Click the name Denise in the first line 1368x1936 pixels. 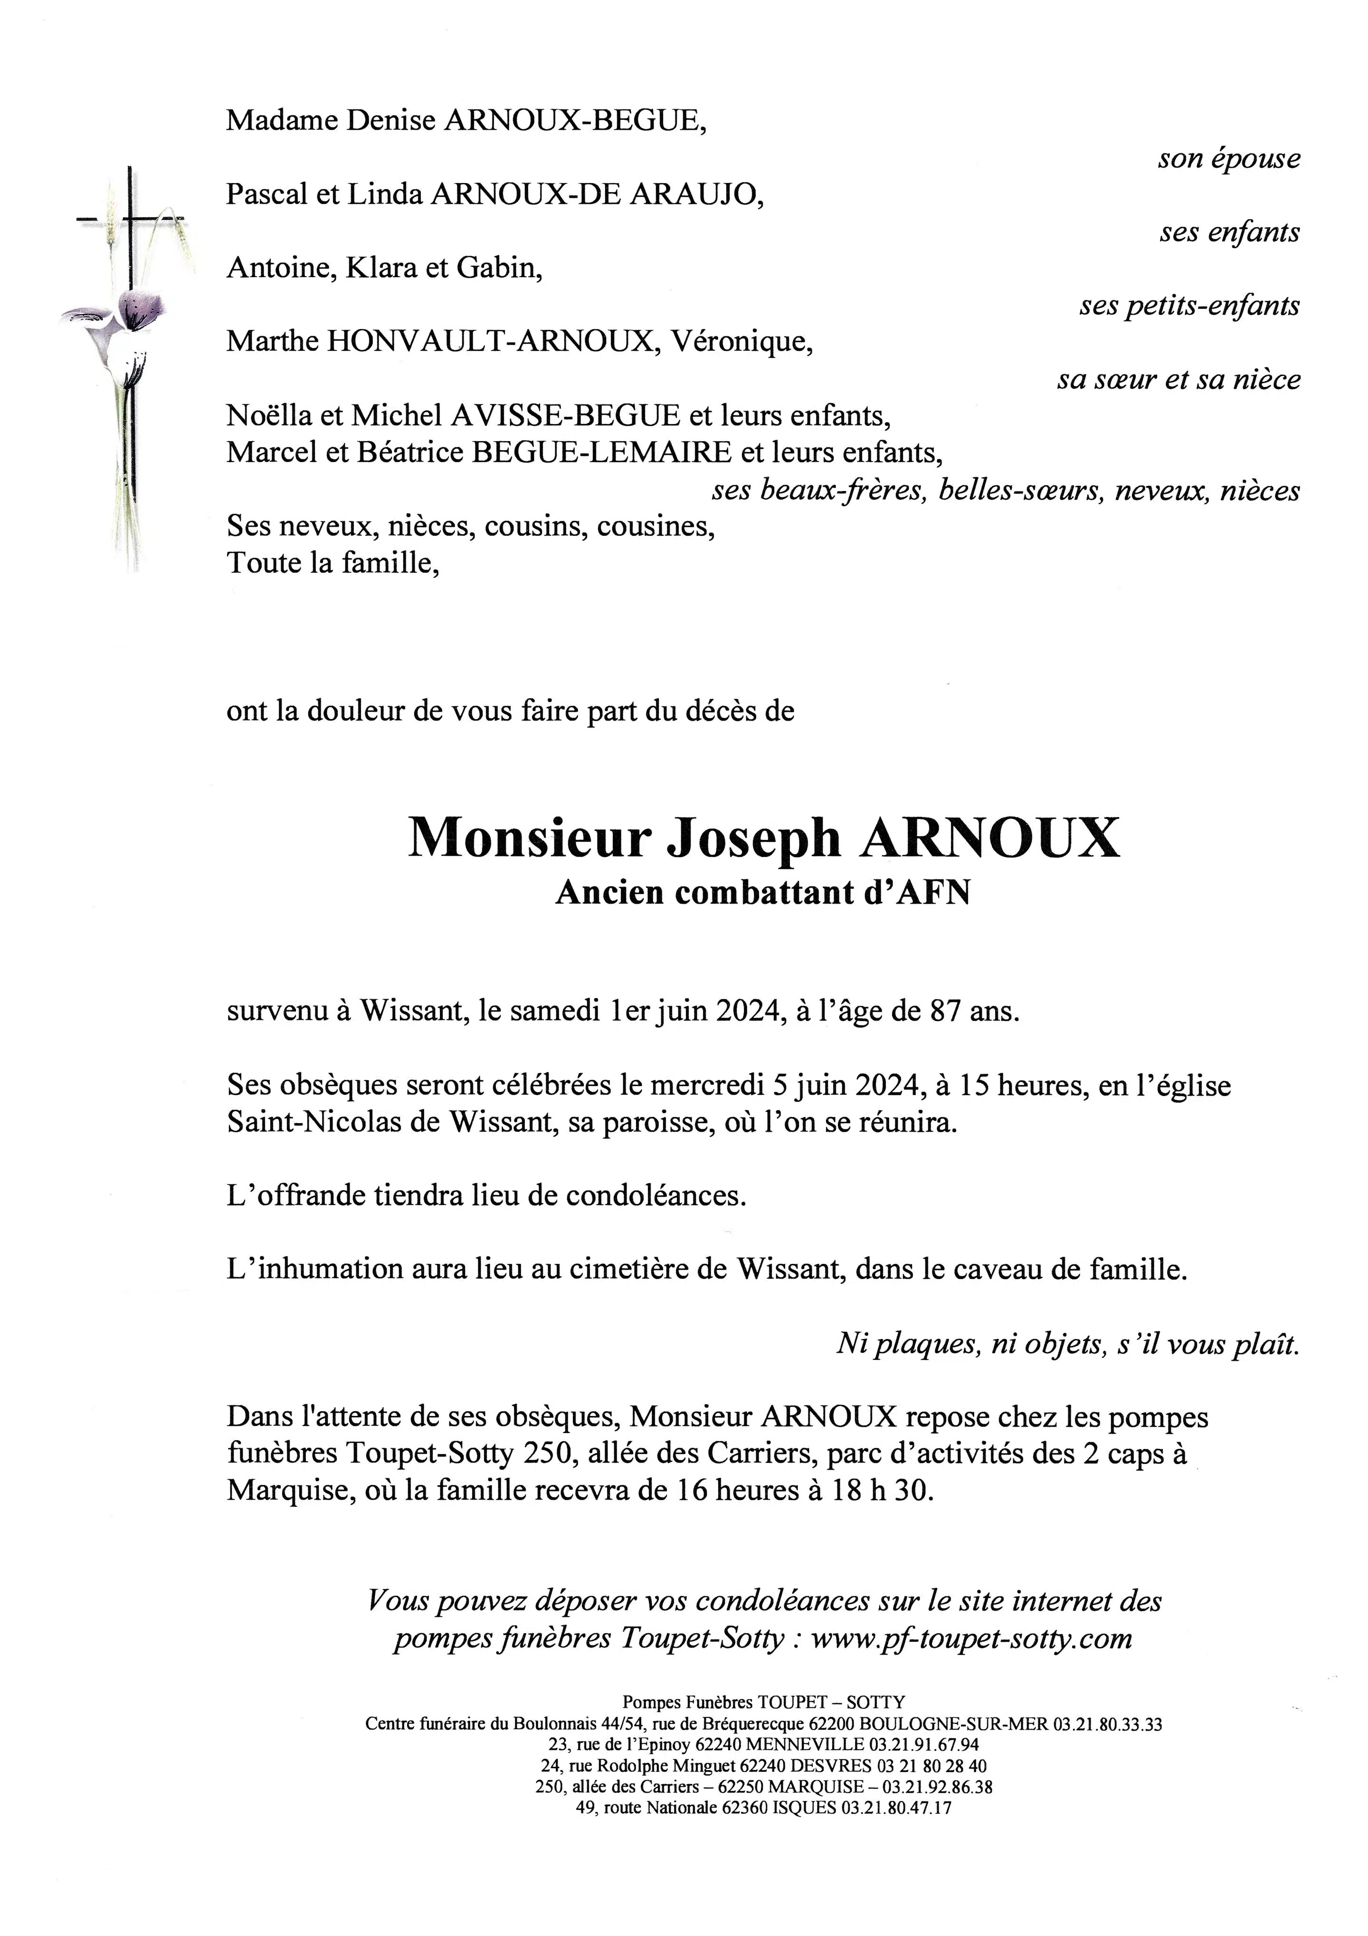(391, 121)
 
